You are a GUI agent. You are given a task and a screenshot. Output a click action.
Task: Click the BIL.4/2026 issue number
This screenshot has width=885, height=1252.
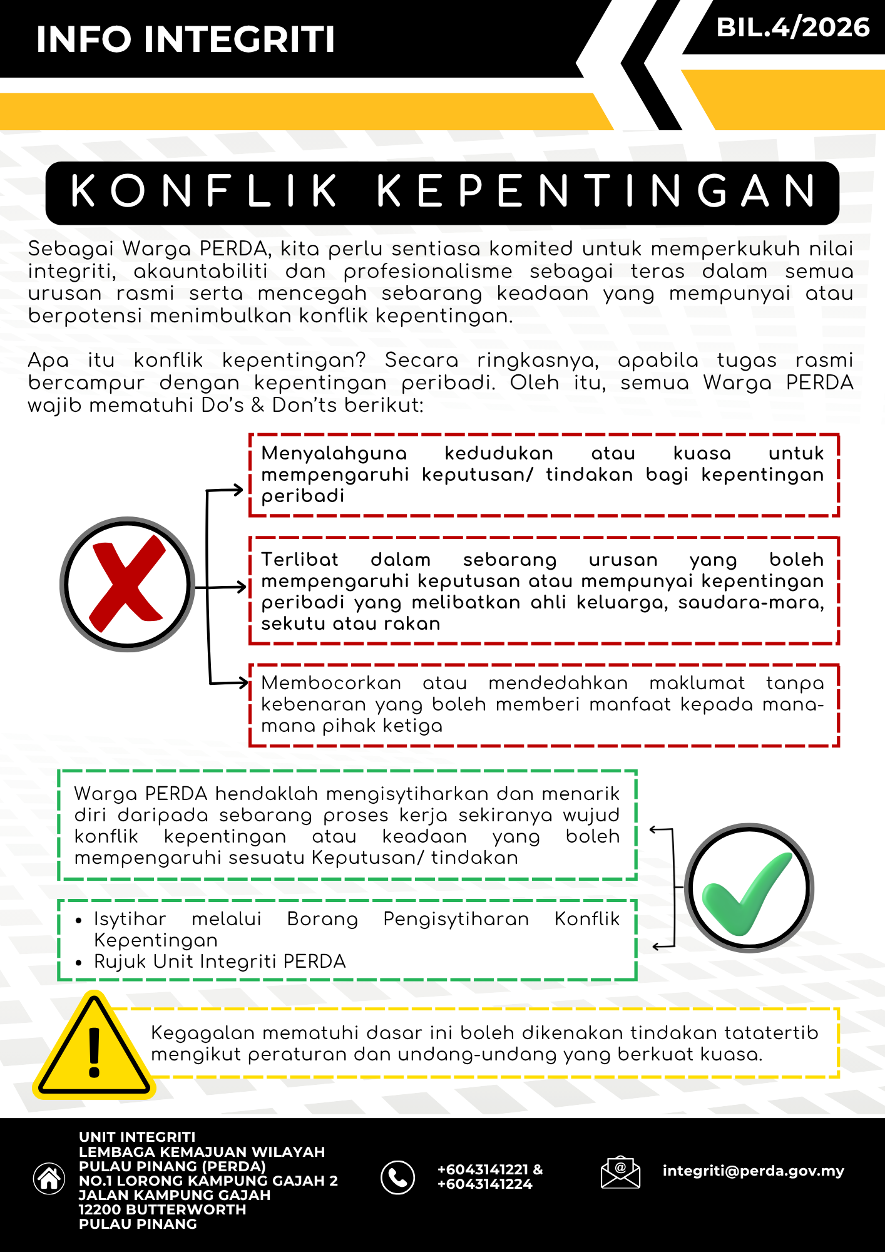click(x=792, y=28)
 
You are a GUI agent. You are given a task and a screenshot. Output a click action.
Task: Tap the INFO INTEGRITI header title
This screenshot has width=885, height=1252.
click(x=186, y=39)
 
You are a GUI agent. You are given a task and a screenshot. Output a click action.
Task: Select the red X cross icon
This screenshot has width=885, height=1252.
click(x=127, y=583)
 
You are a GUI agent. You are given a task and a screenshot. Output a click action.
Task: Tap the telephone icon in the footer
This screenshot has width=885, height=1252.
click(x=397, y=1178)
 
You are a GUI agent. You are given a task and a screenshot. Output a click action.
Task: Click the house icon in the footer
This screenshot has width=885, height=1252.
click(x=49, y=1179)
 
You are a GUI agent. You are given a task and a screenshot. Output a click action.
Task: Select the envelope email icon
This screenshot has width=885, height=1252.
click(x=620, y=1172)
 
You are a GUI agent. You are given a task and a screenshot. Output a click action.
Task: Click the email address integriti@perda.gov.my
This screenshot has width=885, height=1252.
click(x=753, y=1171)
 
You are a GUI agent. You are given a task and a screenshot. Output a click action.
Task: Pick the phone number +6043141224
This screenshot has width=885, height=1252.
click(x=484, y=1184)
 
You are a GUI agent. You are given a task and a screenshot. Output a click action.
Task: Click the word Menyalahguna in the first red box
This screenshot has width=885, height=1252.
click(x=334, y=453)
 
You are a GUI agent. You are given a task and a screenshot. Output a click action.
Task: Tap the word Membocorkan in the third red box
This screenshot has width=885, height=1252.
click(x=331, y=683)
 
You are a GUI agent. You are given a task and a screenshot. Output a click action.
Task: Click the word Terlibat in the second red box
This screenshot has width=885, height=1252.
click(x=299, y=560)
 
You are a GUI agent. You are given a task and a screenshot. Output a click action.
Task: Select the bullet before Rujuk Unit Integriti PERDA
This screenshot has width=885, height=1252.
click(x=78, y=963)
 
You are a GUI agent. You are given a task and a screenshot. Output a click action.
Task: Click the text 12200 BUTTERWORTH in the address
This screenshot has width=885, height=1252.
click(x=162, y=1209)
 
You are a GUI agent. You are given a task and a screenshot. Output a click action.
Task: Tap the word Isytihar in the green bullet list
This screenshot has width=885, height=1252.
click(x=130, y=919)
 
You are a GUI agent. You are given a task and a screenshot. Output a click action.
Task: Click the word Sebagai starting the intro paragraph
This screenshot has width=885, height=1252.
click(x=71, y=249)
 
